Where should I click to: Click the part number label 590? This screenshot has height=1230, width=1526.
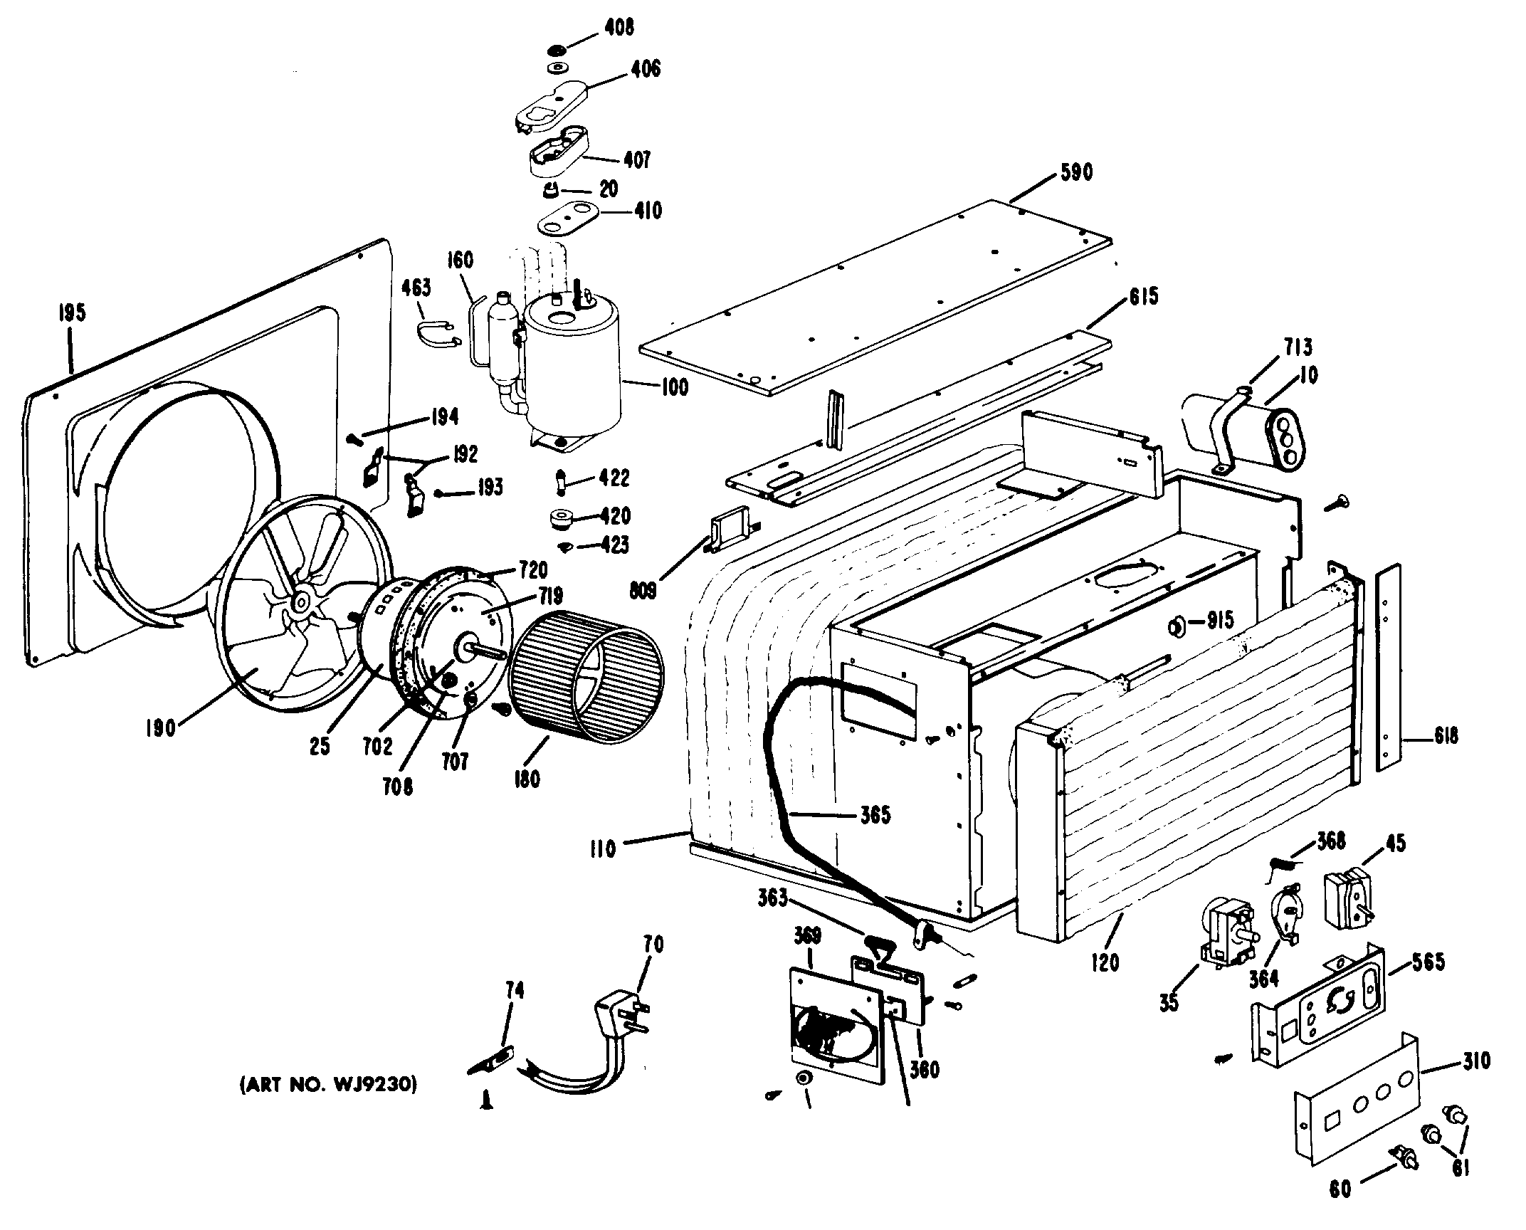(x=1075, y=173)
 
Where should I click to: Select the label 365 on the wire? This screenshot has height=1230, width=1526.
(x=875, y=815)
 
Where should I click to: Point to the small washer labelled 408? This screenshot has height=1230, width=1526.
(x=557, y=50)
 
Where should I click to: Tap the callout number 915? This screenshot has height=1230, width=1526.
(x=1220, y=621)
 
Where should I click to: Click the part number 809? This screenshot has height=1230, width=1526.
(x=643, y=589)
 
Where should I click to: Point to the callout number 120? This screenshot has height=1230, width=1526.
(x=1105, y=962)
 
